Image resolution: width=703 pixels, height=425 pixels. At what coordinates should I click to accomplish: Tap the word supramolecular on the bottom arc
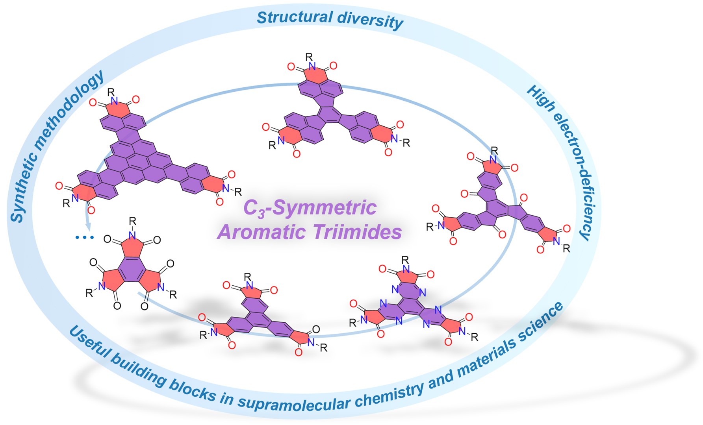(x=294, y=403)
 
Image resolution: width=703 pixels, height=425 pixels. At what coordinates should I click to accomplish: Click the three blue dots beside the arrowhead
(x=85, y=237)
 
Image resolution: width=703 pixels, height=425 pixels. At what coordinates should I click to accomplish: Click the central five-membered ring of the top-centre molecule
(x=329, y=114)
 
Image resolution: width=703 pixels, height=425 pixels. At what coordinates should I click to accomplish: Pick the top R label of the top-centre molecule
(x=309, y=57)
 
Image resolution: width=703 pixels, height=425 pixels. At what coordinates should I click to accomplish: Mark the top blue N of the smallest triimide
(x=132, y=235)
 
